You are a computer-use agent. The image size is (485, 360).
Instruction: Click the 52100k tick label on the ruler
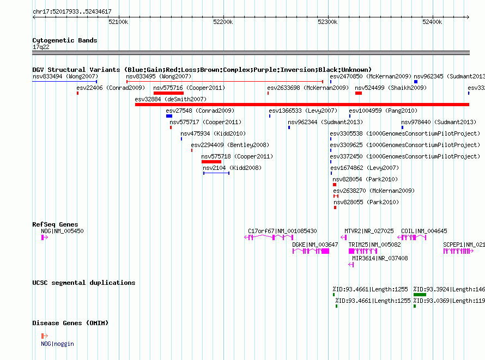118,22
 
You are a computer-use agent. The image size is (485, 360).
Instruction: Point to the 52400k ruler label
432,22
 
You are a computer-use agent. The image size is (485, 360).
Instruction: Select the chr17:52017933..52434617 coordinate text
72,12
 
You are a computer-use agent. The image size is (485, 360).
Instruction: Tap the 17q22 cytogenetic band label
41,47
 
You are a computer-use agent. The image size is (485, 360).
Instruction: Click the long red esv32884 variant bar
302,105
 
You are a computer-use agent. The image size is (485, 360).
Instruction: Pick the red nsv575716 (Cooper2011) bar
168,93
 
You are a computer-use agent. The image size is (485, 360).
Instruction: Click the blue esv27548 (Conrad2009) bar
169,116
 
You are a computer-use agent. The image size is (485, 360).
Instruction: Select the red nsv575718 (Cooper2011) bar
211,162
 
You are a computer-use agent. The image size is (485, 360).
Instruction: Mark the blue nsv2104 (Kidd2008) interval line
216,173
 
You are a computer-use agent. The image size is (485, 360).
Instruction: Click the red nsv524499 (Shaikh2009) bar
359,93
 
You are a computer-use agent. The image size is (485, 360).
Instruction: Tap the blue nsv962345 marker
416,82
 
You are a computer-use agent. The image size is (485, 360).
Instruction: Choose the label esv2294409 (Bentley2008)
230,145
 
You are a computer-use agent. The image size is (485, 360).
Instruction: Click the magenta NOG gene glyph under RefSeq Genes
45,237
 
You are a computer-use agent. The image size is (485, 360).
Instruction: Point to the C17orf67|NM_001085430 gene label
282,231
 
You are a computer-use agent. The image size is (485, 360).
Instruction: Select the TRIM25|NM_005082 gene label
374,245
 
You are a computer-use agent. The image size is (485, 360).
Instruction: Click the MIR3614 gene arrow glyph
351,265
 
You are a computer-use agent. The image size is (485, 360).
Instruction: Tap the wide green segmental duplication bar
420,295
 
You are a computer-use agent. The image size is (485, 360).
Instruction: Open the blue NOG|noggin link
58,344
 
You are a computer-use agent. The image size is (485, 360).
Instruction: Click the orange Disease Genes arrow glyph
45,336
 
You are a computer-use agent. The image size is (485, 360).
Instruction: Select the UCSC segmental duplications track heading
84,283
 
